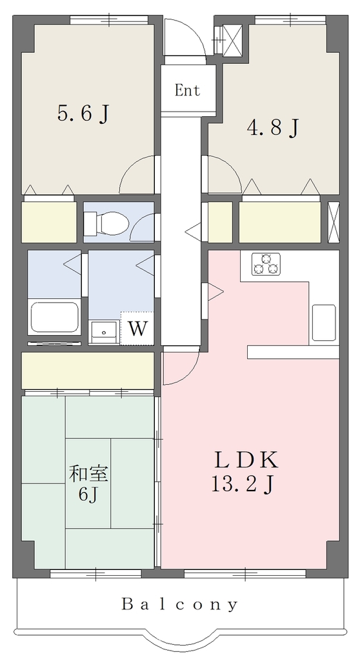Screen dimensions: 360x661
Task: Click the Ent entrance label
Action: [x=187, y=90]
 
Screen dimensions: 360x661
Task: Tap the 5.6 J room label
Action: [x=83, y=114]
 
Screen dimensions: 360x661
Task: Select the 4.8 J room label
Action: [x=273, y=127]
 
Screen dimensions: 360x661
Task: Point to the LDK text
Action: [x=246, y=460]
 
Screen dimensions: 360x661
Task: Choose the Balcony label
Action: [x=180, y=605]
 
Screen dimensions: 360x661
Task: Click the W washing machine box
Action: [x=137, y=329]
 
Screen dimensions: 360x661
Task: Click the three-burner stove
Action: [x=266, y=264]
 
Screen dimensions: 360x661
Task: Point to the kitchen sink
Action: [x=324, y=322]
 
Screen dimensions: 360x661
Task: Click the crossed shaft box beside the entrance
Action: [x=232, y=40]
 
